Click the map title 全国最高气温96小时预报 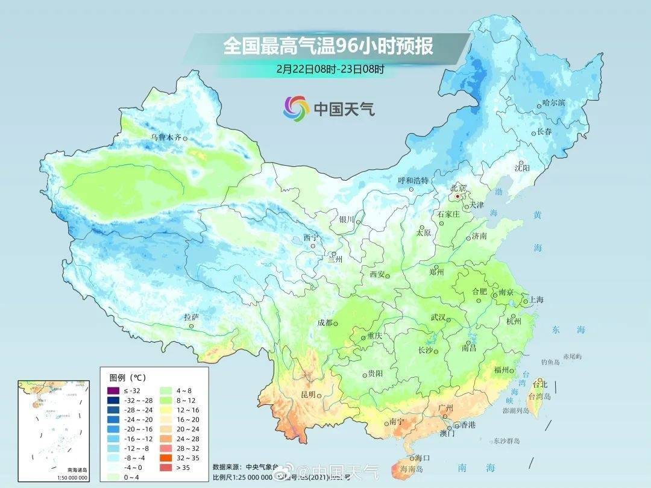point(329,46)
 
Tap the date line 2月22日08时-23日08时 point(330,69)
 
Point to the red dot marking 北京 point(458,196)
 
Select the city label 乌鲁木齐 point(166,137)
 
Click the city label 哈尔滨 point(554,103)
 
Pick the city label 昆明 point(307,395)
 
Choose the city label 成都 point(325,323)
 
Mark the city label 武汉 point(439,318)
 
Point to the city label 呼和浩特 point(414,180)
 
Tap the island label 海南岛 point(411,468)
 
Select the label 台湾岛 point(539,396)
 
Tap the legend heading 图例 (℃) point(127,378)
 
